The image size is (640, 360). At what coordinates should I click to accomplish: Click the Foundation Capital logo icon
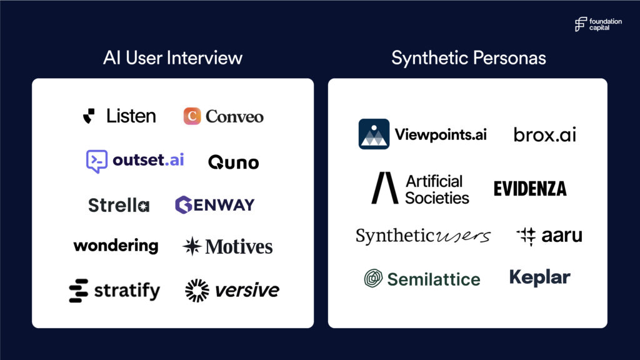click(581, 24)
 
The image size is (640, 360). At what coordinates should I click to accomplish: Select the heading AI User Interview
click(172, 57)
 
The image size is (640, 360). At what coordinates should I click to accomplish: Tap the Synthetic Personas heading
click(469, 57)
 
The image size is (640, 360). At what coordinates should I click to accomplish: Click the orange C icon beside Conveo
click(192, 116)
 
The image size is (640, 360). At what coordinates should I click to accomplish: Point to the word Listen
click(131, 116)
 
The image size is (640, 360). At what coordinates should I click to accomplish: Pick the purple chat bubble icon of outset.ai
click(97, 161)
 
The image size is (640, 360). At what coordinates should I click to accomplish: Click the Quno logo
click(234, 162)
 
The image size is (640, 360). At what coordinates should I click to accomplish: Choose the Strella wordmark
click(119, 205)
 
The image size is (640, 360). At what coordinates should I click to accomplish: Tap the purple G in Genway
click(183, 205)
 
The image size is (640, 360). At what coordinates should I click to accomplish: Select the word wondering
click(116, 246)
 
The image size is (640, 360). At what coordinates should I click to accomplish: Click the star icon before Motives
click(192, 246)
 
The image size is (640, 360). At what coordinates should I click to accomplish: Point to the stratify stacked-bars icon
click(78, 291)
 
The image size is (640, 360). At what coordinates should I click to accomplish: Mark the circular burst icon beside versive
click(197, 291)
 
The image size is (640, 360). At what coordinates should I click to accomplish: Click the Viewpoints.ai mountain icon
click(374, 134)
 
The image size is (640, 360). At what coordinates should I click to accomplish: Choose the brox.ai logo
click(544, 134)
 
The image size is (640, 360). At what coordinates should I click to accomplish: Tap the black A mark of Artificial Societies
click(384, 187)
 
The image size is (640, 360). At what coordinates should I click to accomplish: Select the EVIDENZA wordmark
click(530, 189)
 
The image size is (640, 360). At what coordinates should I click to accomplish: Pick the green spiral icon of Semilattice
click(373, 278)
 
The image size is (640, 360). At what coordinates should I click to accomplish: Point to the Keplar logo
click(539, 277)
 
